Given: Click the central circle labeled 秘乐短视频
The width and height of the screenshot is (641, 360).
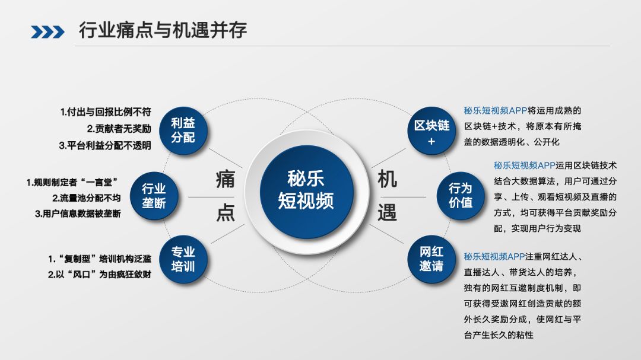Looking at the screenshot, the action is (306, 189).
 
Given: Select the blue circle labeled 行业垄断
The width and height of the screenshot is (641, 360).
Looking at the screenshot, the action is (154, 196).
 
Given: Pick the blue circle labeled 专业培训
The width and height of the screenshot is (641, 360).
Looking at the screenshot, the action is (183, 259).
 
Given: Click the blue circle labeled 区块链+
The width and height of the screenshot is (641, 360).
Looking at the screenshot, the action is (431, 133).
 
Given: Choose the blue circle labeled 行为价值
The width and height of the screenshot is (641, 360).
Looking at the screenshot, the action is (460, 195).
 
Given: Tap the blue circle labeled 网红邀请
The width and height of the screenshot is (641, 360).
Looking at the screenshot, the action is (431, 259).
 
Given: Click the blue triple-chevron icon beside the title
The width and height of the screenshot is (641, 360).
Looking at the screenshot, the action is (48, 31).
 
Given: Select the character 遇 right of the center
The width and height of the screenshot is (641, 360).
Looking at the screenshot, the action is (387, 212).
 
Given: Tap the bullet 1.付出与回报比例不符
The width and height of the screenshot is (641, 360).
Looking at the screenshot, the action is (106, 111).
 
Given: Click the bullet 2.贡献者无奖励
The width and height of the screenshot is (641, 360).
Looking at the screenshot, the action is (119, 128).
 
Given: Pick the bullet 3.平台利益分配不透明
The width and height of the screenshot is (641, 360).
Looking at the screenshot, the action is (104, 145).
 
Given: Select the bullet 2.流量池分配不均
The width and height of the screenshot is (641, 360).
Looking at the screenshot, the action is (86, 197).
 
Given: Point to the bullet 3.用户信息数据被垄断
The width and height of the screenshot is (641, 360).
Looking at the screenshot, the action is (78, 214).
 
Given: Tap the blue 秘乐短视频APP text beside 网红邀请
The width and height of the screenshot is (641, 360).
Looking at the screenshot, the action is (494, 257).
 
